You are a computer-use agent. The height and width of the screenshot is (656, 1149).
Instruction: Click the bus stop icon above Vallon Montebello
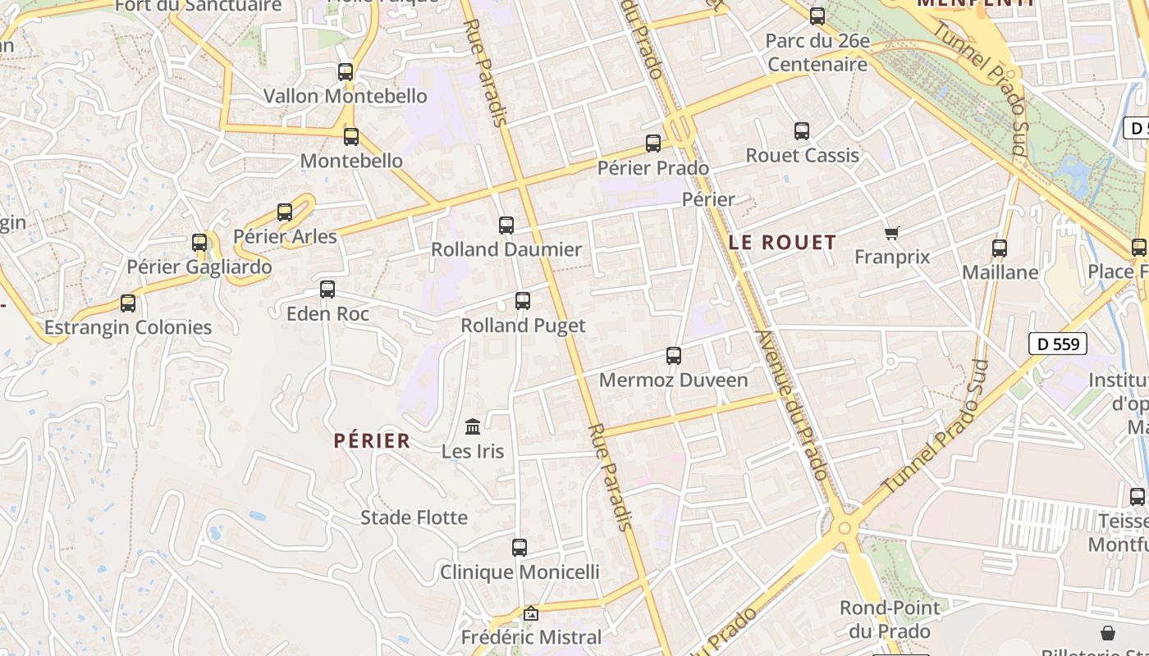pyautogui.click(x=346, y=72)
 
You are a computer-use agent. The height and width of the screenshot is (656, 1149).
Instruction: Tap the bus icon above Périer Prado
pyautogui.click(x=653, y=143)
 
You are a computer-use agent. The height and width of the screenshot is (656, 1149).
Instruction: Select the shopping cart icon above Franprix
pyautogui.click(x=892, y=234)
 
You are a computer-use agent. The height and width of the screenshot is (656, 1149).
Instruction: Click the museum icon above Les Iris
pyautogui.click(x=473, y=426)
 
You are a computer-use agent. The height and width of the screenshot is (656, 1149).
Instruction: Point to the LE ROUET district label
pyautogui.click(x=782, y=242)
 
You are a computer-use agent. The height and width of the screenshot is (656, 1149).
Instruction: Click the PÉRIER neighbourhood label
pyautogui.click(x=372, y=440)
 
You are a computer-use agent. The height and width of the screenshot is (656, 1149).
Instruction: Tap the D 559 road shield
pyautogui.click(x=1058, y=344)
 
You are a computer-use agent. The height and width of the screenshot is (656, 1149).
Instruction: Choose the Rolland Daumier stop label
pyautogui.click(x=506, y=249)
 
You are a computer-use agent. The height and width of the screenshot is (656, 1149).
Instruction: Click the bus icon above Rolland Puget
pyautogui.click(x=523, y=301)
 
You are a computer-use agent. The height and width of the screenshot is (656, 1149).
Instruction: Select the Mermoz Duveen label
pyautogui.click(x=674, y=380)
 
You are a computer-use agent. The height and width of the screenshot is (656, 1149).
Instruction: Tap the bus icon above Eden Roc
pyautogui.click(x=327, y=289)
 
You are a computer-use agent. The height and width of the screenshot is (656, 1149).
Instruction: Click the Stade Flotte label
pyautogui.click(x=414, y=517)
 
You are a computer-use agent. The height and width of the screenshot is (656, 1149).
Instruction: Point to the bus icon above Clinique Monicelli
pyautogui.click(x=520, y=548)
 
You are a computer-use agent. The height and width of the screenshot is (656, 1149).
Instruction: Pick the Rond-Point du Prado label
pyautogui.click(x=890, y=620)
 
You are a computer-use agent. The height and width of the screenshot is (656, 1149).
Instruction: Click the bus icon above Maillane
pyautogui.click(x=1000, y=248)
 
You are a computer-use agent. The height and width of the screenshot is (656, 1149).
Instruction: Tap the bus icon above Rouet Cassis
pyautogui.click(x=802, y=131)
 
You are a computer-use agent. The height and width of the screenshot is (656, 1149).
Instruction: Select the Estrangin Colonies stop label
pyautogui.click(x=128, y=327)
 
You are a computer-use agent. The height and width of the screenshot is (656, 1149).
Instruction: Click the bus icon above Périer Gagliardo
pyautogui.click(x=199, y=243)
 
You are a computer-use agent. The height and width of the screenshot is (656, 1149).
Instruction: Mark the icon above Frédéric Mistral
pyautogui.click(x=531, y=613)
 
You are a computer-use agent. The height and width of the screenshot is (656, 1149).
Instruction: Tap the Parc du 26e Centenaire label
pyautogui.click(x=817, y=52)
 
